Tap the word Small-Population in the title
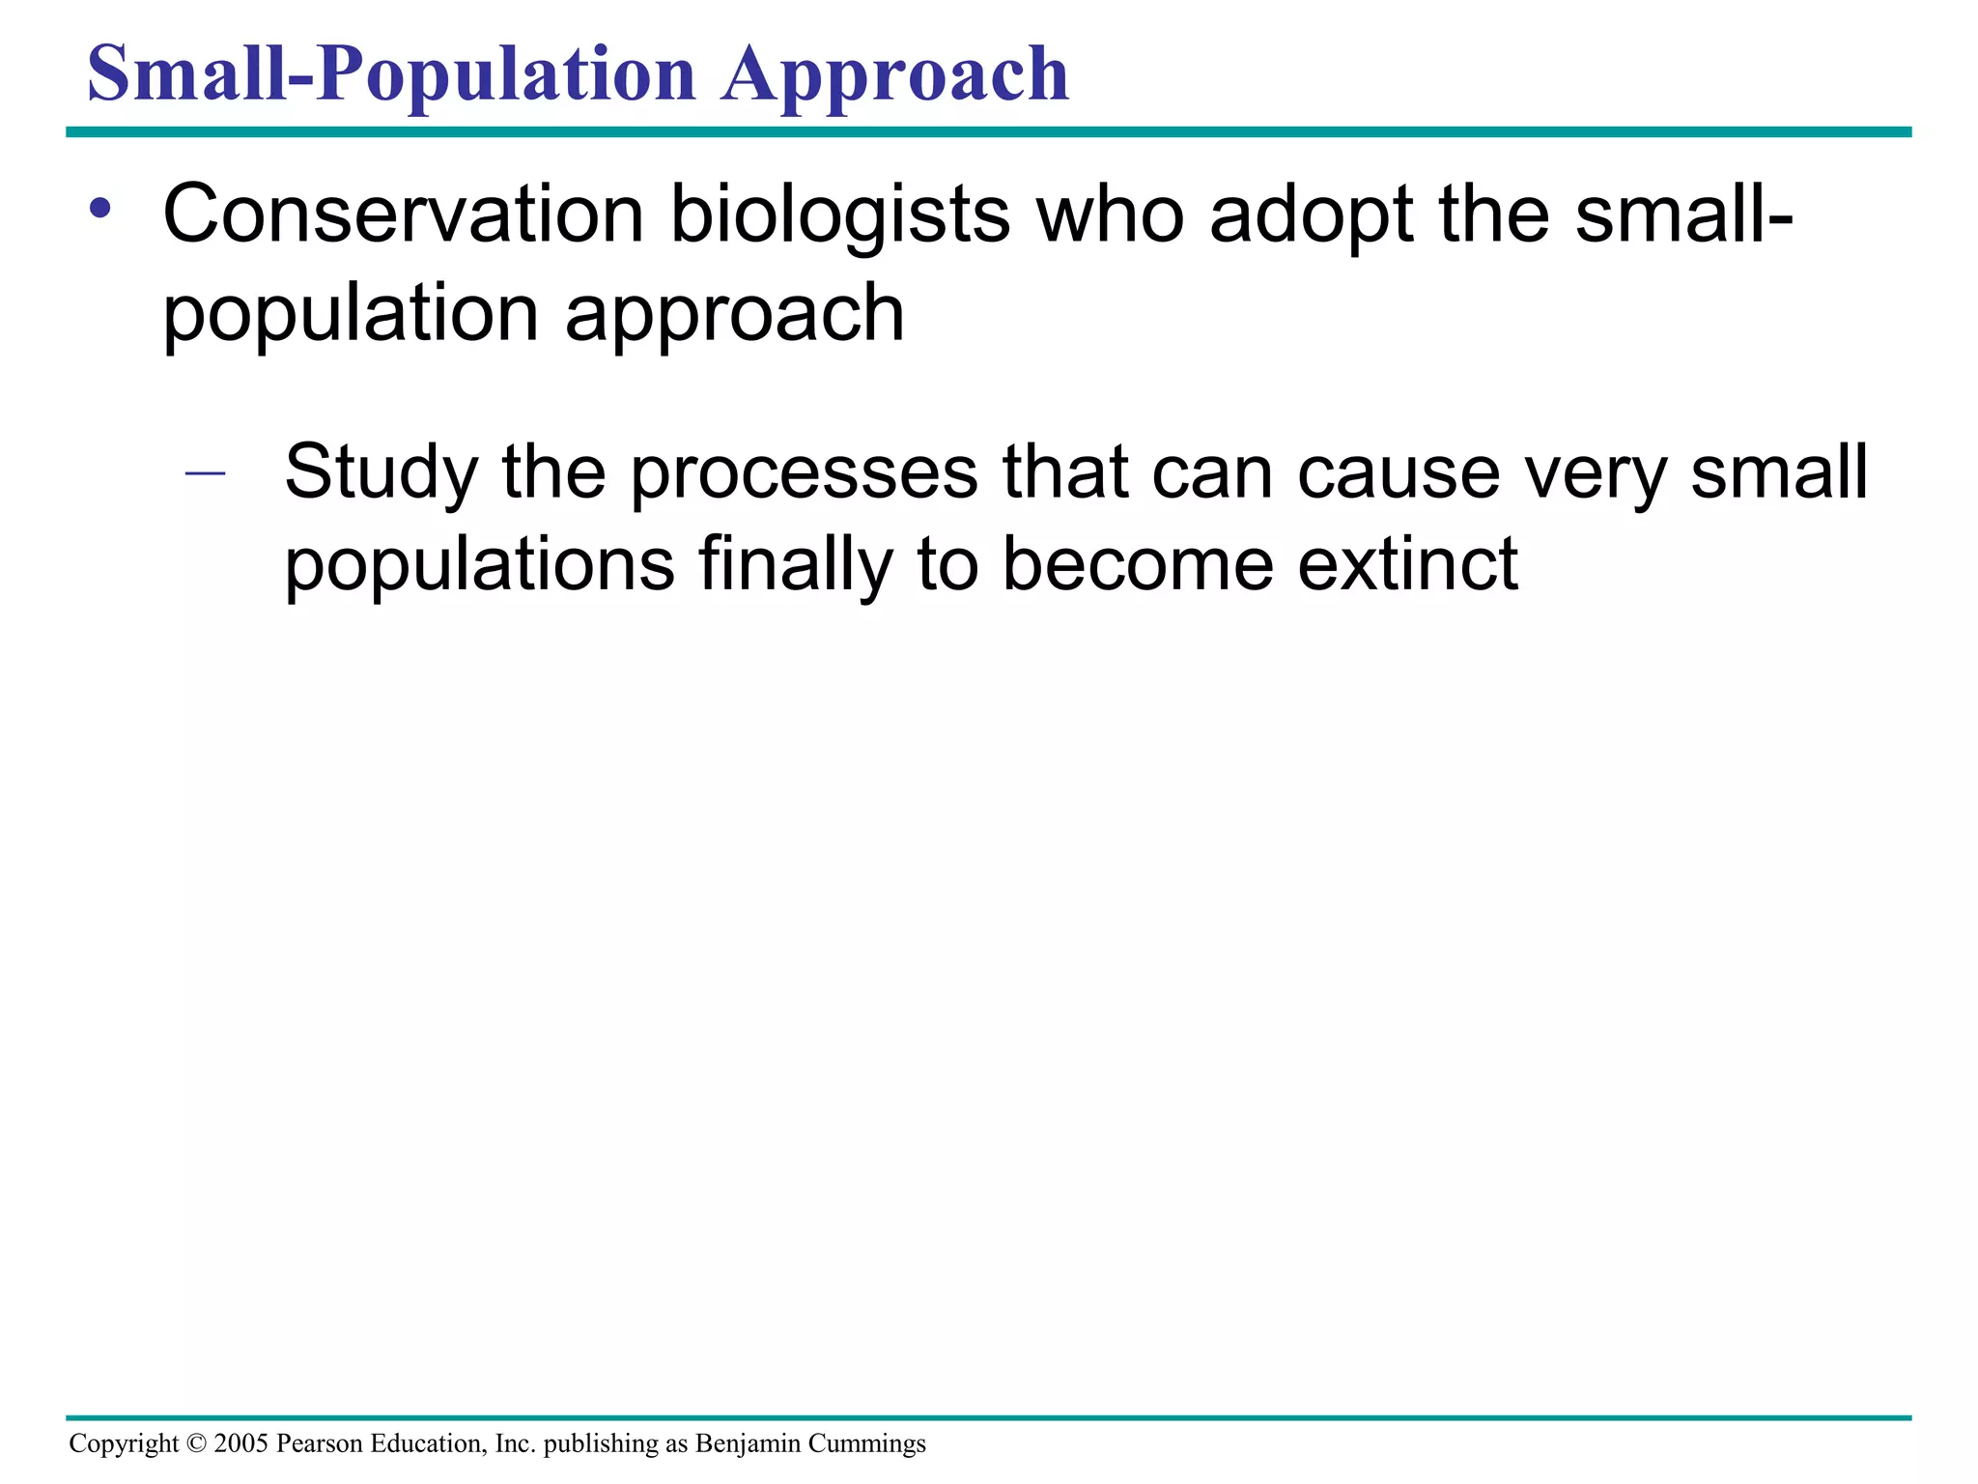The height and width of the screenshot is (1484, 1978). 391,75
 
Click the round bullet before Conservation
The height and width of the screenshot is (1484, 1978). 100,208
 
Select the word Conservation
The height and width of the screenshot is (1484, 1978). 403,214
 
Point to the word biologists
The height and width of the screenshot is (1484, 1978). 839,214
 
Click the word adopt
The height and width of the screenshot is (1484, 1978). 1311,214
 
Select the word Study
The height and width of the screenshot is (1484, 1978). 381,473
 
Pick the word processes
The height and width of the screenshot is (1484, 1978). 804,473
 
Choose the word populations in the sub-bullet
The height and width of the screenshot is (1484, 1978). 479,565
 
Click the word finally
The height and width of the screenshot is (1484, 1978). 794,565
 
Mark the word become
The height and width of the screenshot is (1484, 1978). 1138,565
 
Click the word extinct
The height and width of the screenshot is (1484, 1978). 1407,565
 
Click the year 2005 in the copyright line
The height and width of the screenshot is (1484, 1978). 240,1443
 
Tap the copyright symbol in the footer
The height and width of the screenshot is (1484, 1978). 196,1443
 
